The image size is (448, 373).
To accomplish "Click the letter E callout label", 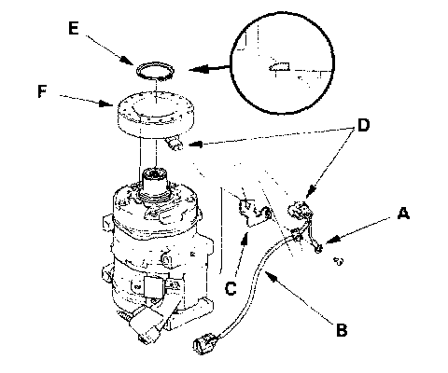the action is [x=74, y=28].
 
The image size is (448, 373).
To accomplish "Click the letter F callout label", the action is [x=42, y=91].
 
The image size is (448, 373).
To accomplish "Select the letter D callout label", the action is [x=363, y=125].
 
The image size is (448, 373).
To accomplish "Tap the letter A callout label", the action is [x=403, y=214].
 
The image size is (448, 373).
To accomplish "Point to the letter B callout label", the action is [x=342, y=329].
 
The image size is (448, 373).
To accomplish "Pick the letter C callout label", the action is [x=231, y=288].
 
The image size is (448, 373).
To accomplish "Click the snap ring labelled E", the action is [x=155, y=71].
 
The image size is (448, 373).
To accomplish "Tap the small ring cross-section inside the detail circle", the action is [x=279, y=66].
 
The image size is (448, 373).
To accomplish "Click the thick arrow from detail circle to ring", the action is [x=210, y=68].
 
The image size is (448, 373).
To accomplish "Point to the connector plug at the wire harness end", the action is [x=203, y=343].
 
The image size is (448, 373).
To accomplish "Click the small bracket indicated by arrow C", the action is [x=254, y=212].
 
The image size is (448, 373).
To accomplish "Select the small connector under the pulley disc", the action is [x=175, y=144].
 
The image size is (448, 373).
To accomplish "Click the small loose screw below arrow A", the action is [x=338, y=261].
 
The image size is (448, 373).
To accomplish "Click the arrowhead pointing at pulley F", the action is [x=105, y=103].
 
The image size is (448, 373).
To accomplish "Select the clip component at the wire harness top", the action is [x=301, y=210].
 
